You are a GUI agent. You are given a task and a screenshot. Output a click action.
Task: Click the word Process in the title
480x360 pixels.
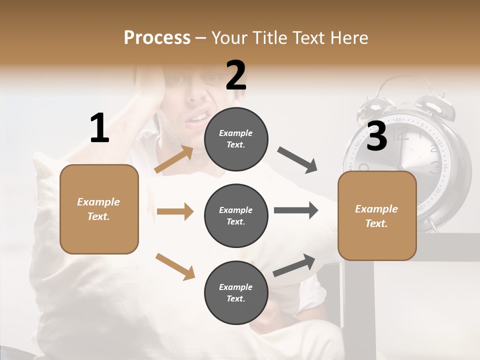pyautogui.click(x=157, y=38)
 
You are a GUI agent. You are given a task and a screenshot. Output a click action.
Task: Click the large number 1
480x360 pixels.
pyautogui.click(x=99, y=128)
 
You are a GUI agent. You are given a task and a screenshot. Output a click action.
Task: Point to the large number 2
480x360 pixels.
pyautogui.click(x=236, y=75)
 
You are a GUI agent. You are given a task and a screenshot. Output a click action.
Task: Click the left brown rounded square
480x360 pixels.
pyautogui.click(x=99, y=209)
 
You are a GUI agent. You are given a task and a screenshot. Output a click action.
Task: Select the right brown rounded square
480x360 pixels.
pyautogui.click(x=377, y=215)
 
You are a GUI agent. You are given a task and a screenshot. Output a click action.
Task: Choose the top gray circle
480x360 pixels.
pyautogui.click(x=236, y=139)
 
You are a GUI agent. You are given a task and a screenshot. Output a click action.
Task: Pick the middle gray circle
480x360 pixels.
pyautogui.click(x=236, y=215)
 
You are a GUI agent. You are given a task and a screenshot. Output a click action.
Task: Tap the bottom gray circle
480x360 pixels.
pyautogui.click(x=236, y=292)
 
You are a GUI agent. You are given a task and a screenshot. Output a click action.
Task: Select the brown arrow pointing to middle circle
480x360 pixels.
pyautogui.click(x=175, y=211)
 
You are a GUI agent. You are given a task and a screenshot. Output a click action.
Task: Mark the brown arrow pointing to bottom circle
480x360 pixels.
pyautogui.click(x=175, y=266)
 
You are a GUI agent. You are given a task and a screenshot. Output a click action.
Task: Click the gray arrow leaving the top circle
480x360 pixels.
pyautogui.click(x=297, y=160)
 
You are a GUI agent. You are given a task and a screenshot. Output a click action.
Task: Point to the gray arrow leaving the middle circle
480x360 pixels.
pyautogui.click(x=295, y=210)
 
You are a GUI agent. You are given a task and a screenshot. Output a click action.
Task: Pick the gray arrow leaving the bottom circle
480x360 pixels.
pyautogui.click(x=294, y=265)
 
